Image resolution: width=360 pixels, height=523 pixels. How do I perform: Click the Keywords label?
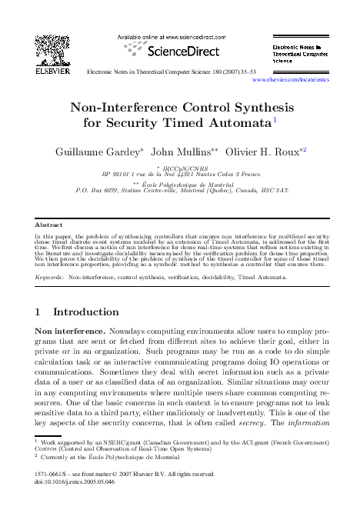pos(51,275)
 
